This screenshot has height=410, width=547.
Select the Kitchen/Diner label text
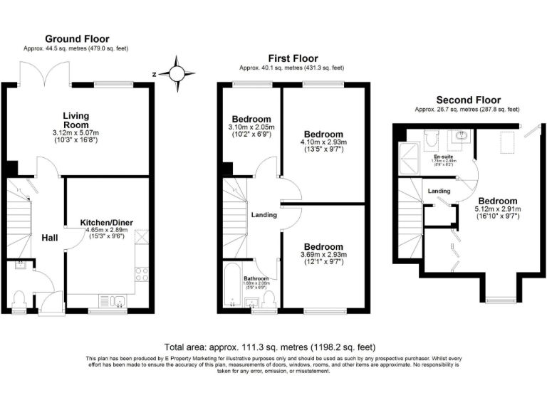click(106, 222)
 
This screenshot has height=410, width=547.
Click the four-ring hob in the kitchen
click(141, 273)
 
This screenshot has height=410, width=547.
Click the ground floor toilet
click(19, 300)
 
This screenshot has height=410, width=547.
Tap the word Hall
click(49, 238)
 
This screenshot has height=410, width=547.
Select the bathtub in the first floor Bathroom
click(234, 283)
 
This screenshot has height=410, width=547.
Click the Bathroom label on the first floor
click(255, 278)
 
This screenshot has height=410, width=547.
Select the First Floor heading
click(292, 58)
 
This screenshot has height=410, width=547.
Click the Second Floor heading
click(468, 100)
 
